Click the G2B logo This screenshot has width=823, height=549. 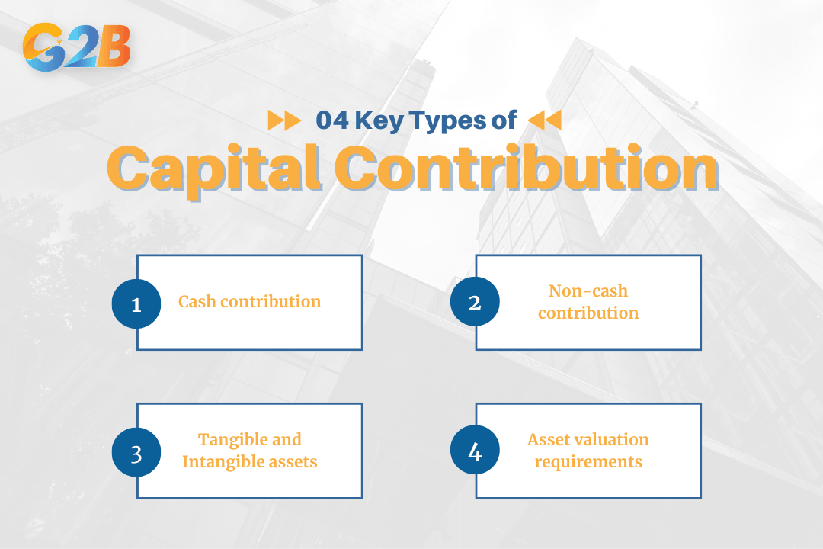(x=77, y=47)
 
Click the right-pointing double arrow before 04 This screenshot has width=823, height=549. (x=284, y=120)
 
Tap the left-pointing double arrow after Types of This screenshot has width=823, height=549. (x=544, y=120)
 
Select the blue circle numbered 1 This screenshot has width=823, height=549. (x=136, y=303)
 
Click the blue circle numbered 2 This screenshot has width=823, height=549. (x=475, y=303)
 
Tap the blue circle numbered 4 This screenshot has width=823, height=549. (x=475, y=452)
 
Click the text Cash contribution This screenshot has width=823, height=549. (x=249, y=302)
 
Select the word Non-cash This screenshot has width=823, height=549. (x=588, y=291)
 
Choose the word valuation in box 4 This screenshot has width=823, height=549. (x=613, y=440)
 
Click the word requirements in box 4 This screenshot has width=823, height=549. (x=588, y=462)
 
